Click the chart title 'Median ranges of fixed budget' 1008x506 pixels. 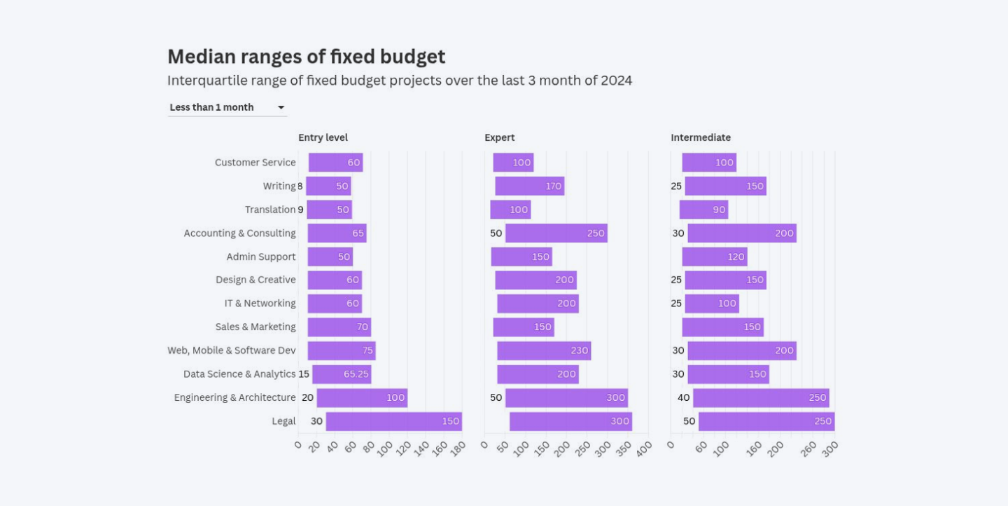click(x=306, y=57)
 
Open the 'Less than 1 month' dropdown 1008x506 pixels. click(x=227, y=107)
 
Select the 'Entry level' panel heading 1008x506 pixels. click(x=323, y=137)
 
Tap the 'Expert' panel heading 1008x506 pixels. click(x=499, y=137)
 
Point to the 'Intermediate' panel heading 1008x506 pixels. click(x=700, y=137)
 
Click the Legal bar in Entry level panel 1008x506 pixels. click(x=393, y=421)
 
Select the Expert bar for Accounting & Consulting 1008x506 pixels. click(x=556, y=233)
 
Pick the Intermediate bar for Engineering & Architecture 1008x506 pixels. click(x=761, y=398)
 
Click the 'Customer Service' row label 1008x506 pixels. click(x=255, y=163)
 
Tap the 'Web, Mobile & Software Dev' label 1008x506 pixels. click(x=231, y=350)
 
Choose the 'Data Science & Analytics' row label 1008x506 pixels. click(x=239, y=374)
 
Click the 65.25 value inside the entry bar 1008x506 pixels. click(x=356, y=374)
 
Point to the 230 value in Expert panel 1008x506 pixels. click(x=579, y=350)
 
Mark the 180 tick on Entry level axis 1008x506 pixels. click(x=457, y=449)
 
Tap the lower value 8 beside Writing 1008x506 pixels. click(x=300, y=186)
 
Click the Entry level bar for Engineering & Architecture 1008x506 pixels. click(x=362, y=398)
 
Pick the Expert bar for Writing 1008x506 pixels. click(x=529, y=186)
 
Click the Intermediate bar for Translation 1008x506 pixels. click(x=703, y=210)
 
